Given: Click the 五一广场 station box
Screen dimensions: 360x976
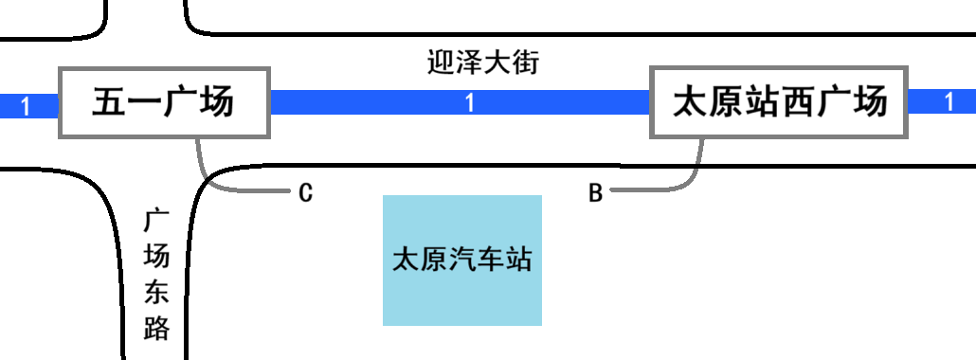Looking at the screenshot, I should [164, 102].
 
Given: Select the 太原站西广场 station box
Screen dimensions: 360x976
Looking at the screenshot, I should [779, 102].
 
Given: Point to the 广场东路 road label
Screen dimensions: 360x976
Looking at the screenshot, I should [156, 275].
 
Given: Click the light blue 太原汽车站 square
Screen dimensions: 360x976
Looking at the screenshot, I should [461, 261].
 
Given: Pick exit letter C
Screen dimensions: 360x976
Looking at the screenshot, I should [305, 193].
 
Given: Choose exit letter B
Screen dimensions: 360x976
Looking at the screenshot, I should [595, 193].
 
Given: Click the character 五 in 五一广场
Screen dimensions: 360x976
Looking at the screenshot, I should [109, 102].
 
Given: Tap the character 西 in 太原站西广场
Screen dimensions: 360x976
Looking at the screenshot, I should [798, 102].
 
